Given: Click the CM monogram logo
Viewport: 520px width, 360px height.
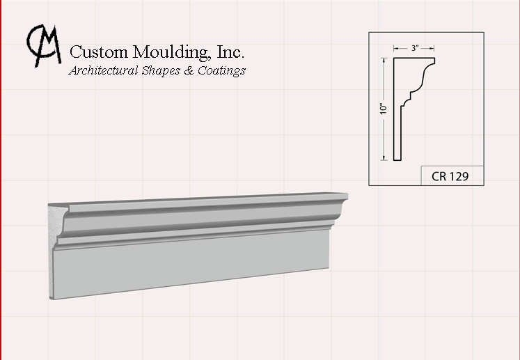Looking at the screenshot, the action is click(44, 45).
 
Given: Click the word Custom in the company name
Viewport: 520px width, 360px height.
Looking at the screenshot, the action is click(99, 52).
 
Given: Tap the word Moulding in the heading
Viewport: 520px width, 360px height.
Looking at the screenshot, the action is click(172, 53).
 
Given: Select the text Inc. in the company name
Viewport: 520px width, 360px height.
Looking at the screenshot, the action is click(230, 52).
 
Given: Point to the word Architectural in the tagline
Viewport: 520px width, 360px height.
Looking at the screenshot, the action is click(103, 70).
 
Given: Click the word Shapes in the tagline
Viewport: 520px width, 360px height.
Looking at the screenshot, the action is click(161, 70).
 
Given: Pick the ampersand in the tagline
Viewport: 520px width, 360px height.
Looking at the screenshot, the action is click(189, 70).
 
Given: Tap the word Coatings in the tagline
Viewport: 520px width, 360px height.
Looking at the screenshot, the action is click(221, 70).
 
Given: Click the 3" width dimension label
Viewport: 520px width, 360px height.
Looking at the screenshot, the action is click(415, 48).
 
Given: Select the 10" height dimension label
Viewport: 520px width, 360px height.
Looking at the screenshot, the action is click(384, 109).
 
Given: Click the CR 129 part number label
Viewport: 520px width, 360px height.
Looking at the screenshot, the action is click(450, 176).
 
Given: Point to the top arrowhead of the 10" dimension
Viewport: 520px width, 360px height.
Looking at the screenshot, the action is click(384, 61).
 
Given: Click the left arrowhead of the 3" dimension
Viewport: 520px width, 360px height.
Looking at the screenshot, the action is click(396, 49).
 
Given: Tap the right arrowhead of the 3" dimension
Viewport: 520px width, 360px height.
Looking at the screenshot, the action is click(432, 49).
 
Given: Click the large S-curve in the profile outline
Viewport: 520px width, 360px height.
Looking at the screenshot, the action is click(424, 76).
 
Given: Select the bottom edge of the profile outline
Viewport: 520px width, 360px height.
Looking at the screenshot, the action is click(397, 160).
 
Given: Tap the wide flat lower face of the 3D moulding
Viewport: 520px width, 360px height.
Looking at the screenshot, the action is click(191, 264).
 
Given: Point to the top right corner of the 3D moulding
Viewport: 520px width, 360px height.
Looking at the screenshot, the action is click(347, 193).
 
